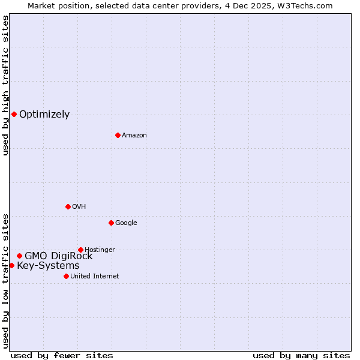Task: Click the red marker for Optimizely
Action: pyautogui.click(x=14, y=114)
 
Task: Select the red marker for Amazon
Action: pyautogui.click(x=118, y=135)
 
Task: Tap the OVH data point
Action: pyautogui.click(x=68, y=206)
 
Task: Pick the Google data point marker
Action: pyautogui.click(x=111, y=223)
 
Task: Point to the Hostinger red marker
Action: pyautogui.click(x=80, y=250)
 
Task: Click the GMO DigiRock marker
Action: pyautogui.click(x=19, y=256)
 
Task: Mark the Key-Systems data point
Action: pyautogui.click(x=11, y=265)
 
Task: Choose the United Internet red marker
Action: pyautogui.click(x=66, y=276)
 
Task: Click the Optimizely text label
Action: pyautogui.click(x=44, y=115)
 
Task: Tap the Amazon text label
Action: pyautogui.click(x=134, y=136)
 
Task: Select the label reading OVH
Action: pyautogui.click(x=79, y=207)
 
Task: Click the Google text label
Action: pyautogui.click(x=126, y=223)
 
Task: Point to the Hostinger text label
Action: pyautogui.click(x=100, y=250)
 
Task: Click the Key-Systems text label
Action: pyautogui.click(x=48, y=266)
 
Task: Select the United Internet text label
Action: pyautogui.click(x=94, y=277)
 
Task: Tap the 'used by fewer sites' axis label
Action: pyautogui.click(x=62, y=355)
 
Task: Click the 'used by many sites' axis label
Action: pyautogui.click(x=301, y=355)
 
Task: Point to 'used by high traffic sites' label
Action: pyautogui.click(x=5, y=85)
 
